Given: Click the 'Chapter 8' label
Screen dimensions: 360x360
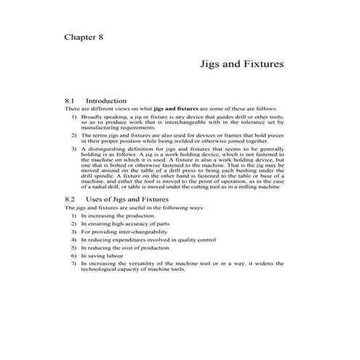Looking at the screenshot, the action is click(x=88, y=37).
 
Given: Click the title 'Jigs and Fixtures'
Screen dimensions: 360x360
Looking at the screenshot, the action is click(x=241, y=65).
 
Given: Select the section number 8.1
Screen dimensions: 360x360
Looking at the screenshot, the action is click(x=71, y=101).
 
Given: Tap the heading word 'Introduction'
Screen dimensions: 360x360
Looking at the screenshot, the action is click(x=106, y=101).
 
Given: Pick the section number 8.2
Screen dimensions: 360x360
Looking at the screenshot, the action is click(x=71, y=199).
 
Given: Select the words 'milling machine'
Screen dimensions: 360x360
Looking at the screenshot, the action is click(x=258, y=187).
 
